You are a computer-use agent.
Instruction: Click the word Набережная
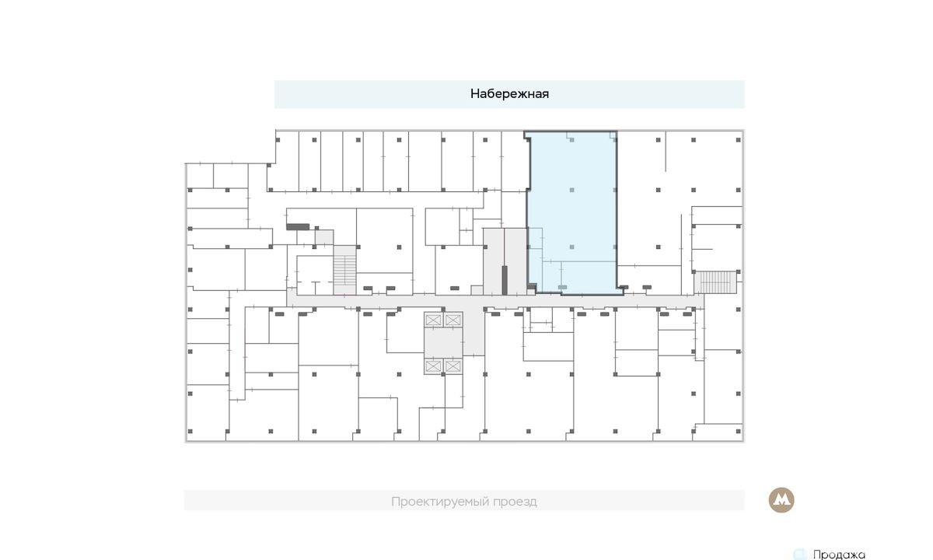509,94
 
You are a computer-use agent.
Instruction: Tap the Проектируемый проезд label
464,501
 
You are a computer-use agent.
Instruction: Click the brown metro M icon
781,500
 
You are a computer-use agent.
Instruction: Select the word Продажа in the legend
839,555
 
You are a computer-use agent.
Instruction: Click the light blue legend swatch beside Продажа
800,554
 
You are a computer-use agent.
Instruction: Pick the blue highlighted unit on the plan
572,212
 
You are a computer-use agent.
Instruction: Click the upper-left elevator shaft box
433,320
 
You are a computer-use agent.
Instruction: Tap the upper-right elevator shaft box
453,320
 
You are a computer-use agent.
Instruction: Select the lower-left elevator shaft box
433,366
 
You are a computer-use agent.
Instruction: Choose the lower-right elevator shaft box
453,366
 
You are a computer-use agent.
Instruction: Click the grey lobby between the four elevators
443,343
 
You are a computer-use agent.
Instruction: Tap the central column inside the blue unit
572,190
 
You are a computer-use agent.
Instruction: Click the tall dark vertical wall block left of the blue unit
505,280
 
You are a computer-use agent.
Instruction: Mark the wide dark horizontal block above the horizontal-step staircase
298,227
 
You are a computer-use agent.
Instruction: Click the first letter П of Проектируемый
395,502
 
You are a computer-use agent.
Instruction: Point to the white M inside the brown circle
781,499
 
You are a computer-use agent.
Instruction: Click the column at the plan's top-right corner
739,140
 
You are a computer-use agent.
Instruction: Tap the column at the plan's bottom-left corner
190,431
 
